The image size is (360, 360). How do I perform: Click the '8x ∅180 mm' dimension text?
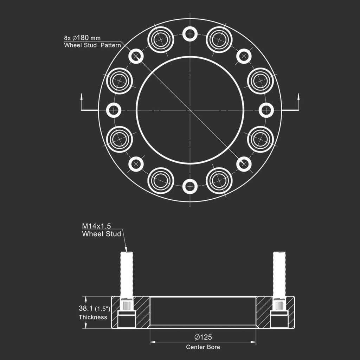click(x=82, y=38)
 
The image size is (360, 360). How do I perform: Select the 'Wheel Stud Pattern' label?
click(x=92, y=45)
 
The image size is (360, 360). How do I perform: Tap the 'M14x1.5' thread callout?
click(x=96, y=226)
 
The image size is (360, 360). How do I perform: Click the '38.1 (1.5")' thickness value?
click(x=94, y=308)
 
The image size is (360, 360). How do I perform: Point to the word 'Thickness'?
click(x=93, y=317)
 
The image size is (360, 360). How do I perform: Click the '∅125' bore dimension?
click(x=203, y=337)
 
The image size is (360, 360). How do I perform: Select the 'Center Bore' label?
click(x=203, y=347)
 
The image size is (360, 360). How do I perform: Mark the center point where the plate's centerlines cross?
click(x=190, y=110)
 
